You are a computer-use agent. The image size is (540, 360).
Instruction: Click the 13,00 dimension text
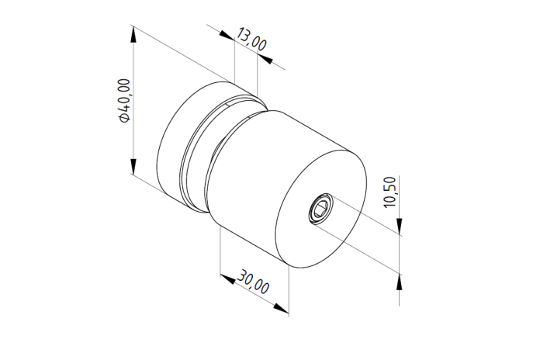coord(251,39)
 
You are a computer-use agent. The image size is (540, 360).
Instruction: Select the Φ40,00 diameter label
coord(124,101)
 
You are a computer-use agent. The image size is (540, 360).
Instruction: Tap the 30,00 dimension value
coord(253,282)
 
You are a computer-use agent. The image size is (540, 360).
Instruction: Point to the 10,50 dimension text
coord(390,192)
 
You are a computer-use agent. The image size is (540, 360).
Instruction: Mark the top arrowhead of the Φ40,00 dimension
coord(133,34)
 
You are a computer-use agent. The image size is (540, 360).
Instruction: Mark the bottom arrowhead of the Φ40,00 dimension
coord(133,166)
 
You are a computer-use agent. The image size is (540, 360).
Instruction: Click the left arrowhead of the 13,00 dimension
coord(227,35)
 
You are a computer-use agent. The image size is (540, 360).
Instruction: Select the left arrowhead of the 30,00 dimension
coord(228,279)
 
